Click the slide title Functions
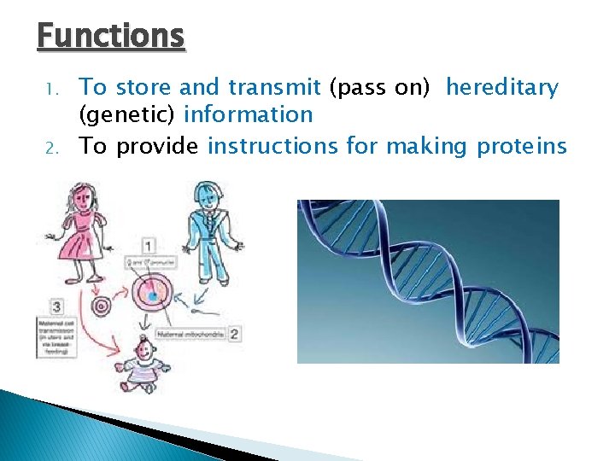click(x=111, y=37)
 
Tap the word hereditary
click(x=501, y=87)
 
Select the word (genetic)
click(x=128, y=114)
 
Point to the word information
click(x=248, y=114)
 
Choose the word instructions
click(x=272, y=147)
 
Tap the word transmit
click(x=273, y=87)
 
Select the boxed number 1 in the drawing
click(x=149, y=246)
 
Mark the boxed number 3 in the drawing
click(x=56, y=304)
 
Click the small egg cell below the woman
click(x=102, y=304)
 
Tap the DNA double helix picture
click(x=428, y=281)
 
